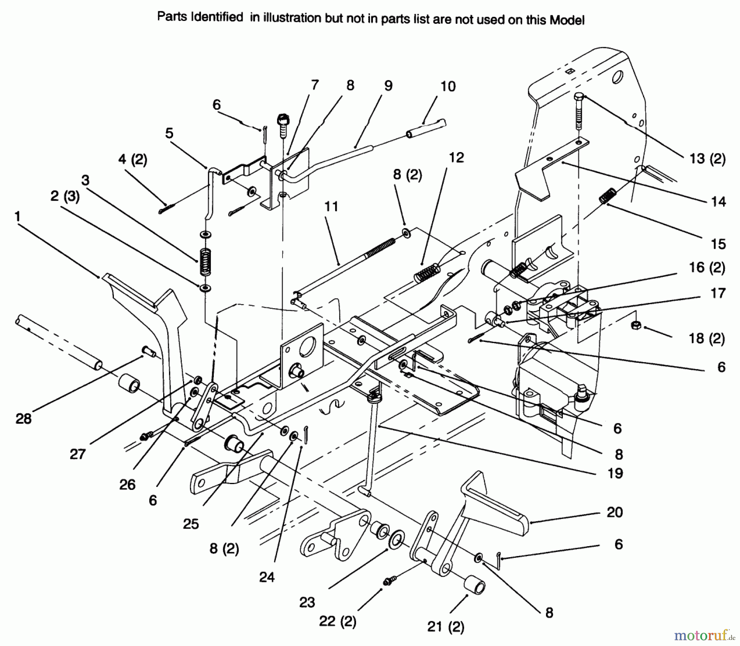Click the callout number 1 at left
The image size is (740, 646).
[17, 217]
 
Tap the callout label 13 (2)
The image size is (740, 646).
[707, 159]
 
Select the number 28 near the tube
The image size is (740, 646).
[23, 419]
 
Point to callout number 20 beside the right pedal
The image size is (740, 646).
[615, 512]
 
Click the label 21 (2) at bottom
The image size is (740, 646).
[445, 627]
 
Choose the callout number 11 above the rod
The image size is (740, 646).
[331, 207]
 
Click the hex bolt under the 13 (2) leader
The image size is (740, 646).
[578, 111]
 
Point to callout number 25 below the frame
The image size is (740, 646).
[191, 524]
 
